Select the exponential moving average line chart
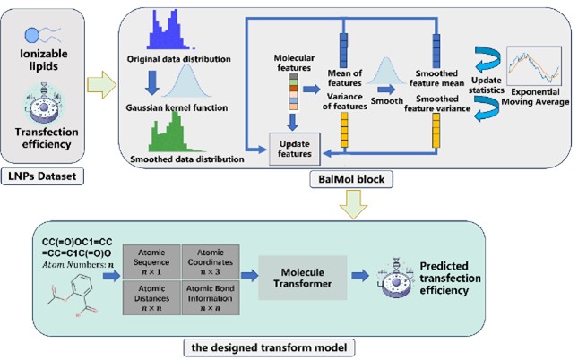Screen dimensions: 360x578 pos(534,64)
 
